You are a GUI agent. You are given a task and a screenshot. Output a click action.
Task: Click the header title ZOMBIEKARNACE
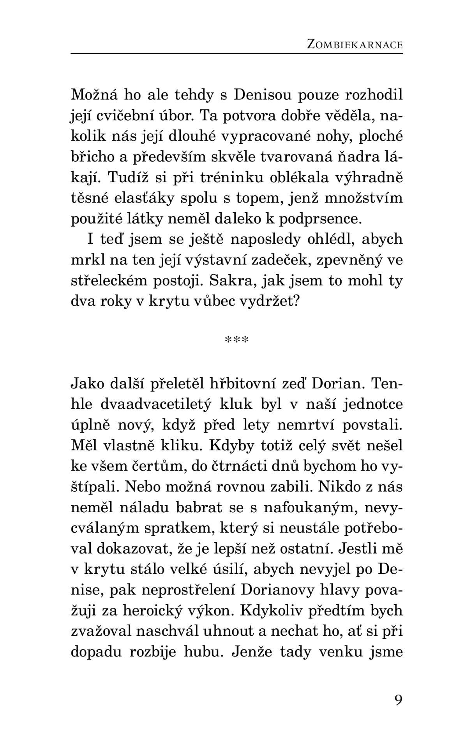[354, 44]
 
